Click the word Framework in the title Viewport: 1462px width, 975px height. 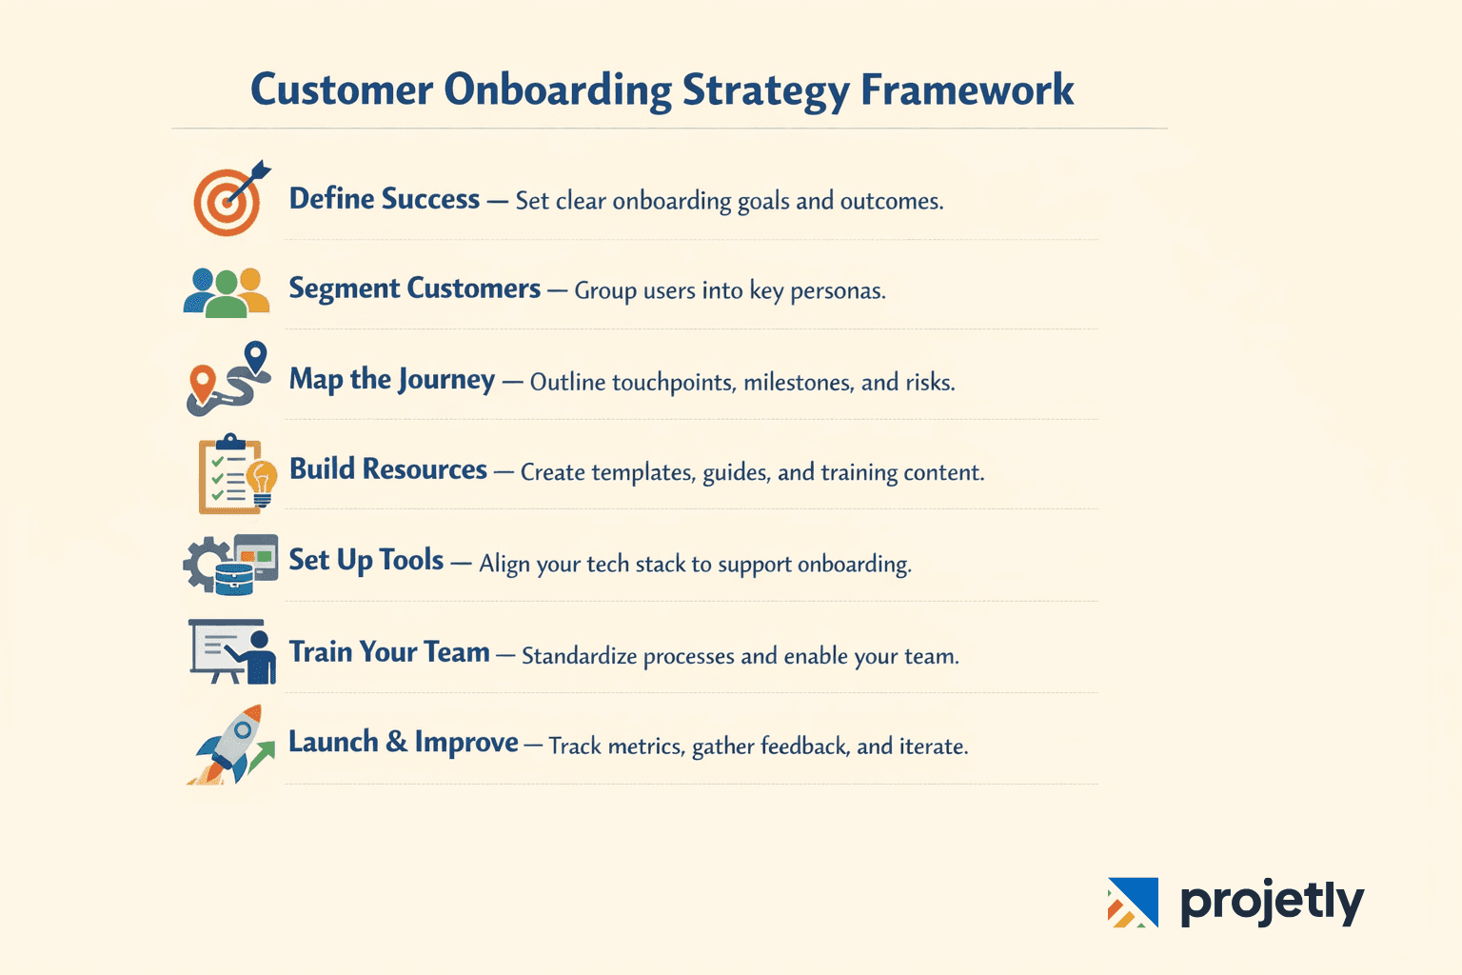point(967,90)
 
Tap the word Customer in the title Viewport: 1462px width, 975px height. point(342,90)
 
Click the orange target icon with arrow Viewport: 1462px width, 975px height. point(227,201)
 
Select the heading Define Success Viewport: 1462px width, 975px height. point(385,199)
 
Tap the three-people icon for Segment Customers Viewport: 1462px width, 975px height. point(227,291)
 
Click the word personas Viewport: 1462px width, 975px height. point(838,291)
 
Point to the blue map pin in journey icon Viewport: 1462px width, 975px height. point(255,358)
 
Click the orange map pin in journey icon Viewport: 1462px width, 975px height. point(201,381)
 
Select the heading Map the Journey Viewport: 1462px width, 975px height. point(391,380)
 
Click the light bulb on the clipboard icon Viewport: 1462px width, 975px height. point(262,479)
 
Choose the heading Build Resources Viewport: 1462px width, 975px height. point(387,469)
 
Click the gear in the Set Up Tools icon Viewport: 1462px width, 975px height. point(204,564)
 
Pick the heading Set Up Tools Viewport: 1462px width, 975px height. point(366,560)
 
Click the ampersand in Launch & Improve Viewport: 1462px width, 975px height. point(396,742)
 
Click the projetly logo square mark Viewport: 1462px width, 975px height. point(1133,902)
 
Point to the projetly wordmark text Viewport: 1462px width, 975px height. point(1272,902)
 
